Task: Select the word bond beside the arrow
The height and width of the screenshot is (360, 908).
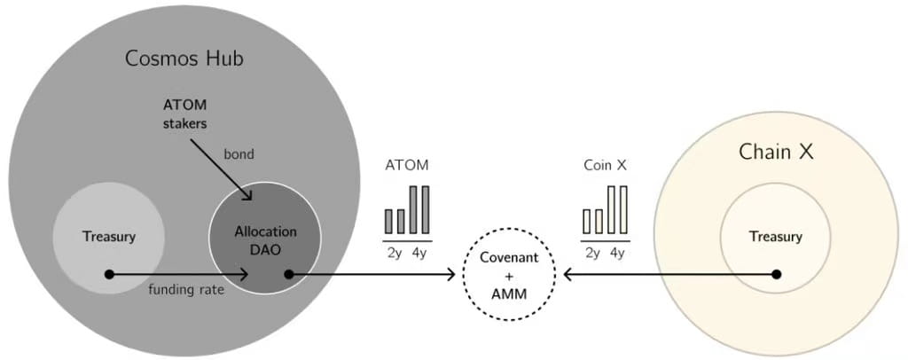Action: [x=238, y=154]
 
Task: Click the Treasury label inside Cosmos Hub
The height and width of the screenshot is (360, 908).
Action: [x=108, y=237]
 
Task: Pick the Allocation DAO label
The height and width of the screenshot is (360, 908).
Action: [x=265, y=240]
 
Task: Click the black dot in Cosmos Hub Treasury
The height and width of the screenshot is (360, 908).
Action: [x=109, y=274]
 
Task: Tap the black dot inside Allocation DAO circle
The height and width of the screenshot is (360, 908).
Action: [x=288, y=274]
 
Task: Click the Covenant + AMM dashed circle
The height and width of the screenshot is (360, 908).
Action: [x=509, y=274]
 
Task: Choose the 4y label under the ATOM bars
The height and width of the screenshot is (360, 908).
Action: [x=419, y=253]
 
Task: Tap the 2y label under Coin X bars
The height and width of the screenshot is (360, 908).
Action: [x=592, y=253]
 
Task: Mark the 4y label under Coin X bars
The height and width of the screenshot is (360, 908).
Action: [x=616, y=253]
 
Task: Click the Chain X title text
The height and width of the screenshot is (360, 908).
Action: [x=776, y=152]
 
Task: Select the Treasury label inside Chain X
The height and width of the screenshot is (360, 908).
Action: [x=775, y=237]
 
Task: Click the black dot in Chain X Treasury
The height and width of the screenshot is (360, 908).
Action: [x=777, y=274]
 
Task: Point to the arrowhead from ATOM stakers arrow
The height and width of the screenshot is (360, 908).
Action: [x=251, y=197]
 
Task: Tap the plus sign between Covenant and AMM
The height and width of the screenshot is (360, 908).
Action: [x=509, y=274]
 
